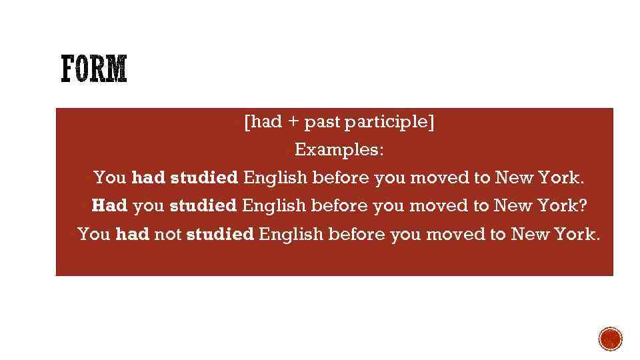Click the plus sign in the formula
294,123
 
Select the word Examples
339,150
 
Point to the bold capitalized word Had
109,206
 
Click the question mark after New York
583,206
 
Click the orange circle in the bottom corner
610,339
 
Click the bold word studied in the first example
204,178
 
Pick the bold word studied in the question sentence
203,206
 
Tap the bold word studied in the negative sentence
220,235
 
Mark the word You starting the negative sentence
94,235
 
